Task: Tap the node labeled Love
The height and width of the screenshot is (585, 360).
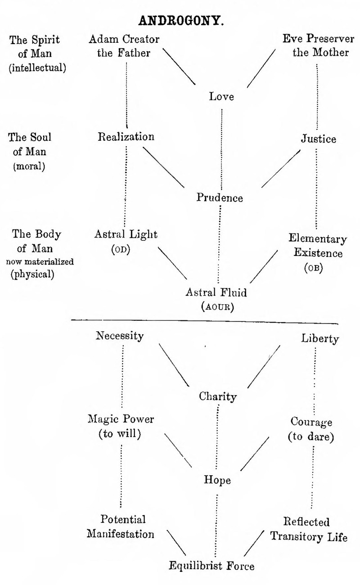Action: click(221, 96)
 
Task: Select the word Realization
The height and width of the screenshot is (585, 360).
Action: click(126, 137)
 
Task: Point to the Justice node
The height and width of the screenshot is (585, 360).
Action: click(318, 139)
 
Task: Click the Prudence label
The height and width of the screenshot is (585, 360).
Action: click(220, 198)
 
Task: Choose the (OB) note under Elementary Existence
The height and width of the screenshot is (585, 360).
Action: click(314, 268)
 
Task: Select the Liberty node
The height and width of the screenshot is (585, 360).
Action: click(319, 338)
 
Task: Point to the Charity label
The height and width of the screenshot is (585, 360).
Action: click(218, 396)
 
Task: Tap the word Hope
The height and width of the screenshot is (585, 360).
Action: click(217, 480)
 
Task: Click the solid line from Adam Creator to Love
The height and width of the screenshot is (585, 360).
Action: click(179, 66)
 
